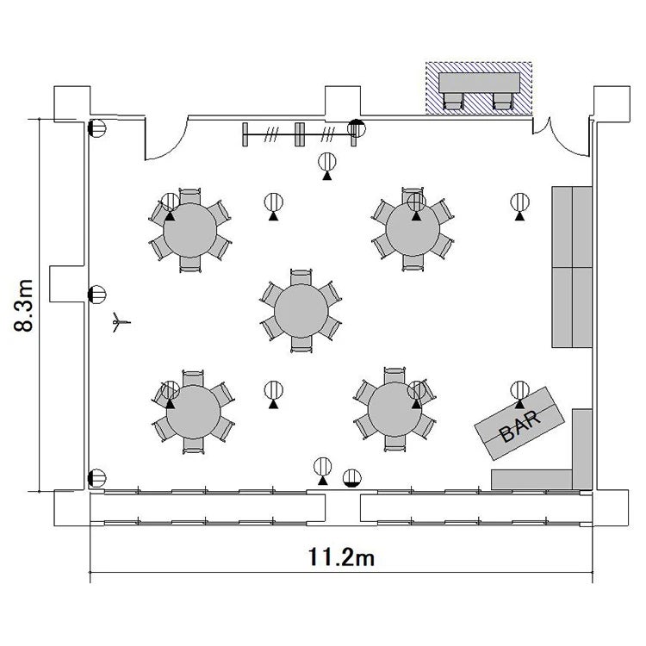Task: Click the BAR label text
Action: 519,426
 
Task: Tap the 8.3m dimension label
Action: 23,305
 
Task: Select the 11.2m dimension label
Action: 342,557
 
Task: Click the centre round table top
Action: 301,311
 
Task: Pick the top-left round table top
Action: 190,230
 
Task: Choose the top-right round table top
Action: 413,229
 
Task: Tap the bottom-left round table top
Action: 193,412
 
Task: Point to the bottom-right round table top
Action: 394,409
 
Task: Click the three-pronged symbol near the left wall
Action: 121,322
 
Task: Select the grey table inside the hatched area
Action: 479,83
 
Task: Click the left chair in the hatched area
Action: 453,101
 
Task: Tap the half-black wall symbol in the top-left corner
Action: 96,128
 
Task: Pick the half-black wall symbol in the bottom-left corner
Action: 96,478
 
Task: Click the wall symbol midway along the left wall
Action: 96,295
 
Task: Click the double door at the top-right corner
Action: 562,137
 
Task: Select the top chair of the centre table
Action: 301,277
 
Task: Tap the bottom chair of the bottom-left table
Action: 193,446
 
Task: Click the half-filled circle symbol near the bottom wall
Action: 351,478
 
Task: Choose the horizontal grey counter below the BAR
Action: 531,480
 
